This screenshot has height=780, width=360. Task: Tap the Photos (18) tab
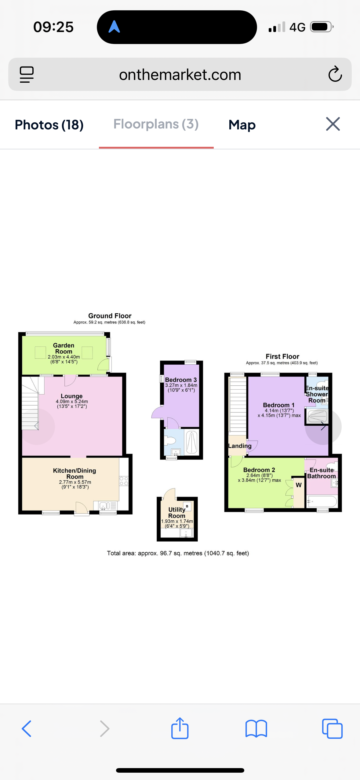(49, 125)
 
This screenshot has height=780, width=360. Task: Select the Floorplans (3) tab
(156, 124)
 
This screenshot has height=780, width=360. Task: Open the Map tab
(242, 125)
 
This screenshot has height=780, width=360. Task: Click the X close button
(333, 124)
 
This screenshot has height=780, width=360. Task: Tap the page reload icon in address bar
(335, 74)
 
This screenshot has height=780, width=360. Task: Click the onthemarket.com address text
(180, 74)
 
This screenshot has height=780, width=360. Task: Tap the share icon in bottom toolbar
(180, 728)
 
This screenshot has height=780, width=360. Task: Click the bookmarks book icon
(256, 729)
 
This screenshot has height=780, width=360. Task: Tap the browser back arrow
(27, 729)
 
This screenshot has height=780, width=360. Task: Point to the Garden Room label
(64, 348)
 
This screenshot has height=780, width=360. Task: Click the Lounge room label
(71, 396)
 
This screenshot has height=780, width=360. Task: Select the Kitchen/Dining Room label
(75, 473)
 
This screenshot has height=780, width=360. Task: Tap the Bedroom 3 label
(181, 380)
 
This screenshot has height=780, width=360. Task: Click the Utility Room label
(177, 512)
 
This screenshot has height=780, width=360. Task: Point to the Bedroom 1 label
(279, 405)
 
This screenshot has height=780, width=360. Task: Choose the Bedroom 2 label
(259, 470)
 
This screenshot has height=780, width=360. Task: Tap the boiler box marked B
(187, 507)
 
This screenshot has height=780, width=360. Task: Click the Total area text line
(178, 553)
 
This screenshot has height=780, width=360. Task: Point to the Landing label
(240, 446)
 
